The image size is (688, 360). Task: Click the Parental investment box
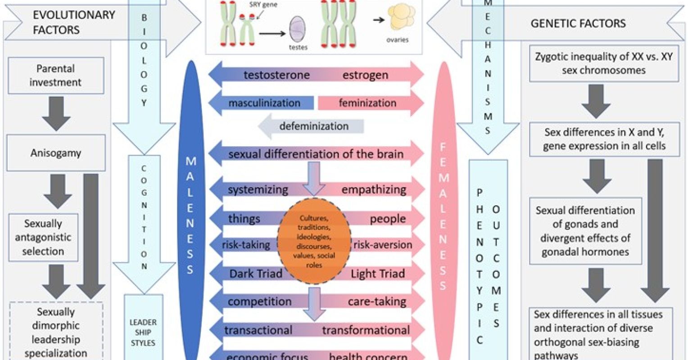click(x=56, y=76)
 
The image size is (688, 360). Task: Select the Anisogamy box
click(x=56, y=153)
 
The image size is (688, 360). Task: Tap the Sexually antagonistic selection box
click(x=43, y=238)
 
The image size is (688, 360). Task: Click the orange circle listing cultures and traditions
click(x=314, y=241)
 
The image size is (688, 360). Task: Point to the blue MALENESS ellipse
click(x=190, y=211)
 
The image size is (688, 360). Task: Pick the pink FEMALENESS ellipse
click(x=443, y=211)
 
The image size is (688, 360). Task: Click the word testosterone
click(x=276, y=75)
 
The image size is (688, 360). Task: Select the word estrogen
click(x=365, y=75)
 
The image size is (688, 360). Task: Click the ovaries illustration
click(x=402, y=18)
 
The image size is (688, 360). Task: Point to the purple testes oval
click(x=297, y=29)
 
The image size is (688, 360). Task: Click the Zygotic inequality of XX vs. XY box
click(x=604, y=63)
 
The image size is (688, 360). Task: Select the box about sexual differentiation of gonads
click(x=585, y=231)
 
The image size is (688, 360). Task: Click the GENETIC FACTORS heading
click(x=578, y=23)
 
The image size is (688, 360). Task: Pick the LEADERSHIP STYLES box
click(x=143, y=332)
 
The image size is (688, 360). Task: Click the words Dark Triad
click(x=256, y=274)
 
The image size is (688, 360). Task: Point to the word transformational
click(x=366, y=330)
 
